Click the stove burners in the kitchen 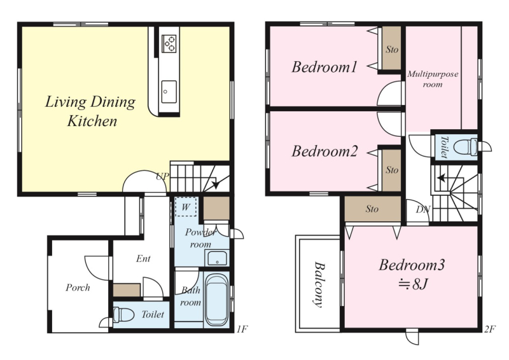coord(169,44)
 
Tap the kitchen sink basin coord(169,92)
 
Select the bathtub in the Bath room coord(216,300)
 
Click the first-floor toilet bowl coord(123,314)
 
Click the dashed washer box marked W coord(186,207)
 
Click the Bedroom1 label coord(324,67)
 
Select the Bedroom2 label coord(324,151)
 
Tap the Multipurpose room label coord(433,79)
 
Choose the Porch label coord(78,287)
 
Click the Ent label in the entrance coord(143,258)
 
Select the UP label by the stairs coord(162,176)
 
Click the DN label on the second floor coord(423,209)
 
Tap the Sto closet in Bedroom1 coord(392,48)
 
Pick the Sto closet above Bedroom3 coord(373,209)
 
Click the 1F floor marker coord(242,329)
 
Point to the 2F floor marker coord(490,329)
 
